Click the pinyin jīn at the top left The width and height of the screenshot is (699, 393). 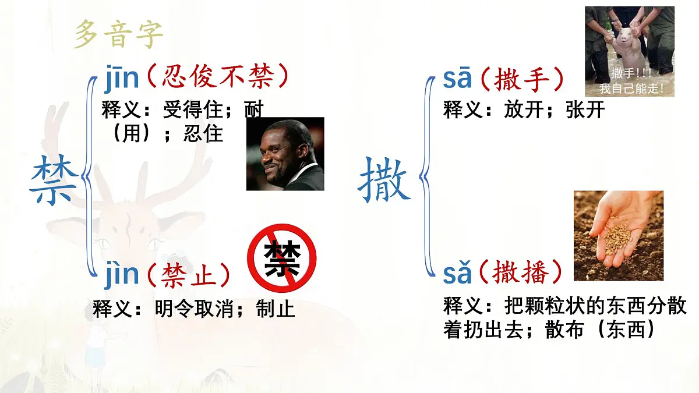pos(122,80)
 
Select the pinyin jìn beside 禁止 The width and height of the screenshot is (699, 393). pos(122,275)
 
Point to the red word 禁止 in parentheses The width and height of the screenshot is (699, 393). pos(187,275)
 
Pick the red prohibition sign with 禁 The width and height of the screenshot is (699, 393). pos(282,258)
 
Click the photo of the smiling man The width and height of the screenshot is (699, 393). pos(285,154)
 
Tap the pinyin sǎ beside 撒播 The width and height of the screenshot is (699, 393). pos(457,274)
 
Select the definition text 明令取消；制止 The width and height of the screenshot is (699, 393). pos(225,309)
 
